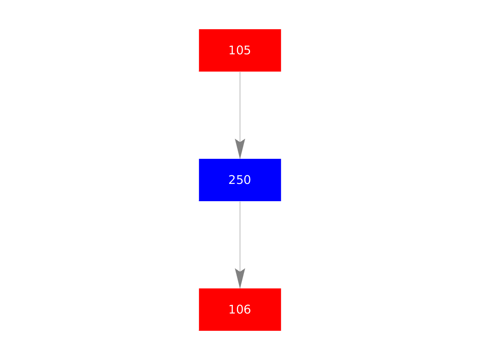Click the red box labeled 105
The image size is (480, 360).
pos(240,51)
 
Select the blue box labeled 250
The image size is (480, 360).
pos(240,180)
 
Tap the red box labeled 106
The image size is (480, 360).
pos(240,309)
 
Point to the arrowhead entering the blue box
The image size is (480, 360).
pos(240,149)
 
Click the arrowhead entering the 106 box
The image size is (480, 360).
pos(240,278)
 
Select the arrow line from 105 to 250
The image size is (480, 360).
pos(240,116)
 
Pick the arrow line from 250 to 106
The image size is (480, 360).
pos(240,245)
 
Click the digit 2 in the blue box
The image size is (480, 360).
pos(232,180)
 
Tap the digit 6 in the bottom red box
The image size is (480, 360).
pos(247,309)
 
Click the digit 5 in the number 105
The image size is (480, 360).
pos(247,50)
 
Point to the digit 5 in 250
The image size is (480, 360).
pos(240,180)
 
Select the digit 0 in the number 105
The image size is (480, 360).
pos(240,50)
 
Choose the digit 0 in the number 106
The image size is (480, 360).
pos(240,309)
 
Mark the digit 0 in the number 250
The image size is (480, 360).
pos(247,180)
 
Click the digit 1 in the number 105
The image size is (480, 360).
pos(232,50)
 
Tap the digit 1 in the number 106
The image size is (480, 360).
pos(232,309)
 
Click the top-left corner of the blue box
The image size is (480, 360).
pos(199,159)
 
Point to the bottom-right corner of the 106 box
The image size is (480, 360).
pos(281,331)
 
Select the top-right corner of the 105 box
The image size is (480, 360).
pos(281,29)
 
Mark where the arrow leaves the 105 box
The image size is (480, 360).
pos(240,72)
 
